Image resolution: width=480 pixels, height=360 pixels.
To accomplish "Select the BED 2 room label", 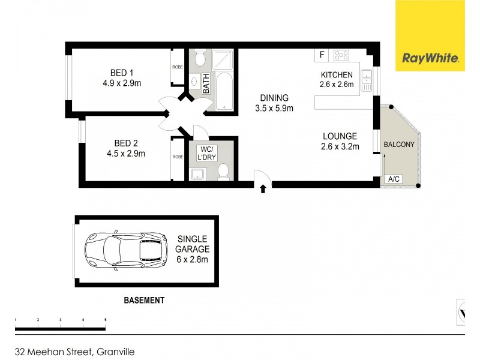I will click(126, 148).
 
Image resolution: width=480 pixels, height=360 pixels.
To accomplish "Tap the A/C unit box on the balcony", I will click(394, 179).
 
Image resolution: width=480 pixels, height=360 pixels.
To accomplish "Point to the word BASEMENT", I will click(143, 300).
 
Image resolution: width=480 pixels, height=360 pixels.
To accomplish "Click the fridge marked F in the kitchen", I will click(322, 55).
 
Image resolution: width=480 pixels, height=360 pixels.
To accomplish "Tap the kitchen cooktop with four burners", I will click(342, 55).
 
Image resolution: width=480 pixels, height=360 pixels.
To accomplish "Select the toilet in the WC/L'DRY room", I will click(223, 172).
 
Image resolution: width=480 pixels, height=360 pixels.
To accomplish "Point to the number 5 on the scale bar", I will click(106, 320).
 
